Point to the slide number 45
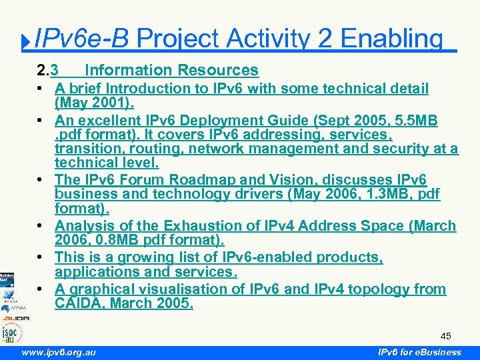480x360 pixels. pos(446,335)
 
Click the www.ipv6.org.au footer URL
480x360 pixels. pos(58,352)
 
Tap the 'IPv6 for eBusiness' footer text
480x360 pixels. pos(419,352)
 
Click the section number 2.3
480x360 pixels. pos(47,70)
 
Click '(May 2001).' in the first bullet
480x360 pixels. pos(94,103)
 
